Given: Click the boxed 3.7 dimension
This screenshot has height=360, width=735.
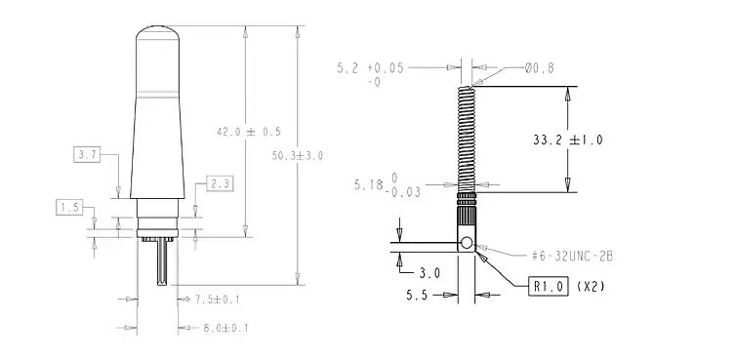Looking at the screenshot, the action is tap(87, 155).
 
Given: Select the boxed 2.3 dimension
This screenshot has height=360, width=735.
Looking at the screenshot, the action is tap(220, 183).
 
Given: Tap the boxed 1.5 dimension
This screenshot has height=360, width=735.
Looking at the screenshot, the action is tap(69, 207).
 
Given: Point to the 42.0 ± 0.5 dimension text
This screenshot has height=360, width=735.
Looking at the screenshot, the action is tap(249, 132).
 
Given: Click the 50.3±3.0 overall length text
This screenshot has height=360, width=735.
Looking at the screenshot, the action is tap(298, 156).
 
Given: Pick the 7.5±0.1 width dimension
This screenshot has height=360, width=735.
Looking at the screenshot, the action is tap(217, 300).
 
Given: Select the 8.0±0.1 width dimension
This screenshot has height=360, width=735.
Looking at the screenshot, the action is tap(225, 328).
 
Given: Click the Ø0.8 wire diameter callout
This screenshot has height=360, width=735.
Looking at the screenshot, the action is tap(540, 68).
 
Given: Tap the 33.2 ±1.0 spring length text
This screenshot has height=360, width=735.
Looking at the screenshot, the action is tap(568, 140).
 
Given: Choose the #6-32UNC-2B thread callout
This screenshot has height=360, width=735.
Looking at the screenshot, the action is tap(572, 257).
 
